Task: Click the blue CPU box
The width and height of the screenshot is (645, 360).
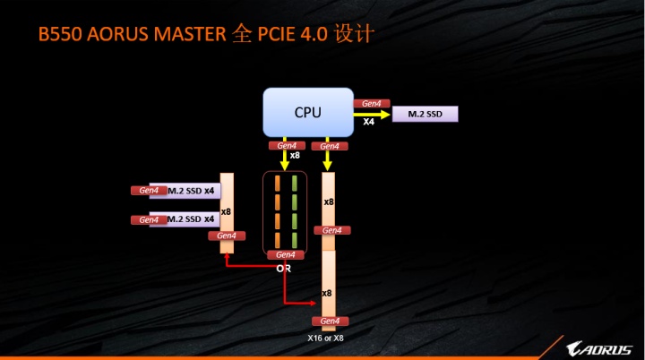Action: tap(307, 112)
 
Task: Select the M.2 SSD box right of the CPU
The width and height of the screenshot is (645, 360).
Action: tap(425, 114)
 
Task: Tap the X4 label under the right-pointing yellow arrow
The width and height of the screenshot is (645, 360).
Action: tap(369, 121)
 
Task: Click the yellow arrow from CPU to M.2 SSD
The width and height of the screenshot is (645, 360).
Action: tap(372, 114)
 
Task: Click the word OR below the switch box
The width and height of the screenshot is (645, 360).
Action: tap(283, 268)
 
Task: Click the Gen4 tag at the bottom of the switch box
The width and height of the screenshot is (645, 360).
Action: tap(285, 255)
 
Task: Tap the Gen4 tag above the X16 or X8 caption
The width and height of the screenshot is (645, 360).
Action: tap(329, 321)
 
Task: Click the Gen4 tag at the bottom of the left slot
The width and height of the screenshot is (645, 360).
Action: tap(227, 236)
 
